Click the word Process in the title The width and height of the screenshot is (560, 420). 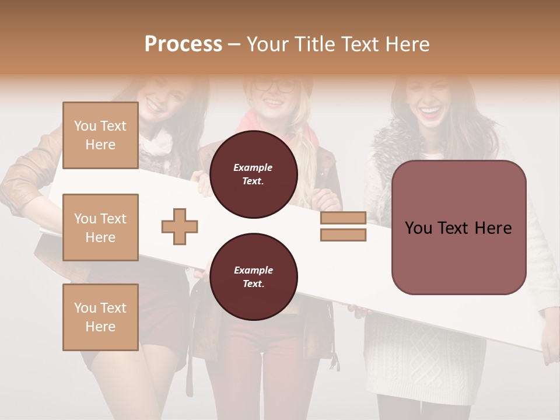click(183, 44)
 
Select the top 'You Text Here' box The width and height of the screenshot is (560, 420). click(100, 135)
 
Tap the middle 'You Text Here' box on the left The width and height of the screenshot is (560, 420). click(100, 228)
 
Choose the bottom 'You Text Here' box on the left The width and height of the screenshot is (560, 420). click(100, 317)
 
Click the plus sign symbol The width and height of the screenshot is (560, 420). click(180, 228)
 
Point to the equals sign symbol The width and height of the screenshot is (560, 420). click(343, 227)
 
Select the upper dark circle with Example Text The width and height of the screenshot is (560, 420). click(253, 174)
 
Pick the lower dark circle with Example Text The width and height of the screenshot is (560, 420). click(253, 277)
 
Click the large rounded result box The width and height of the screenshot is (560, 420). click(459, 228)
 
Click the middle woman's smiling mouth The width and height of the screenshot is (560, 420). click(272, 103)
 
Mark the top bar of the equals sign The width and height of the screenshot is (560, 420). click(343, 218)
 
